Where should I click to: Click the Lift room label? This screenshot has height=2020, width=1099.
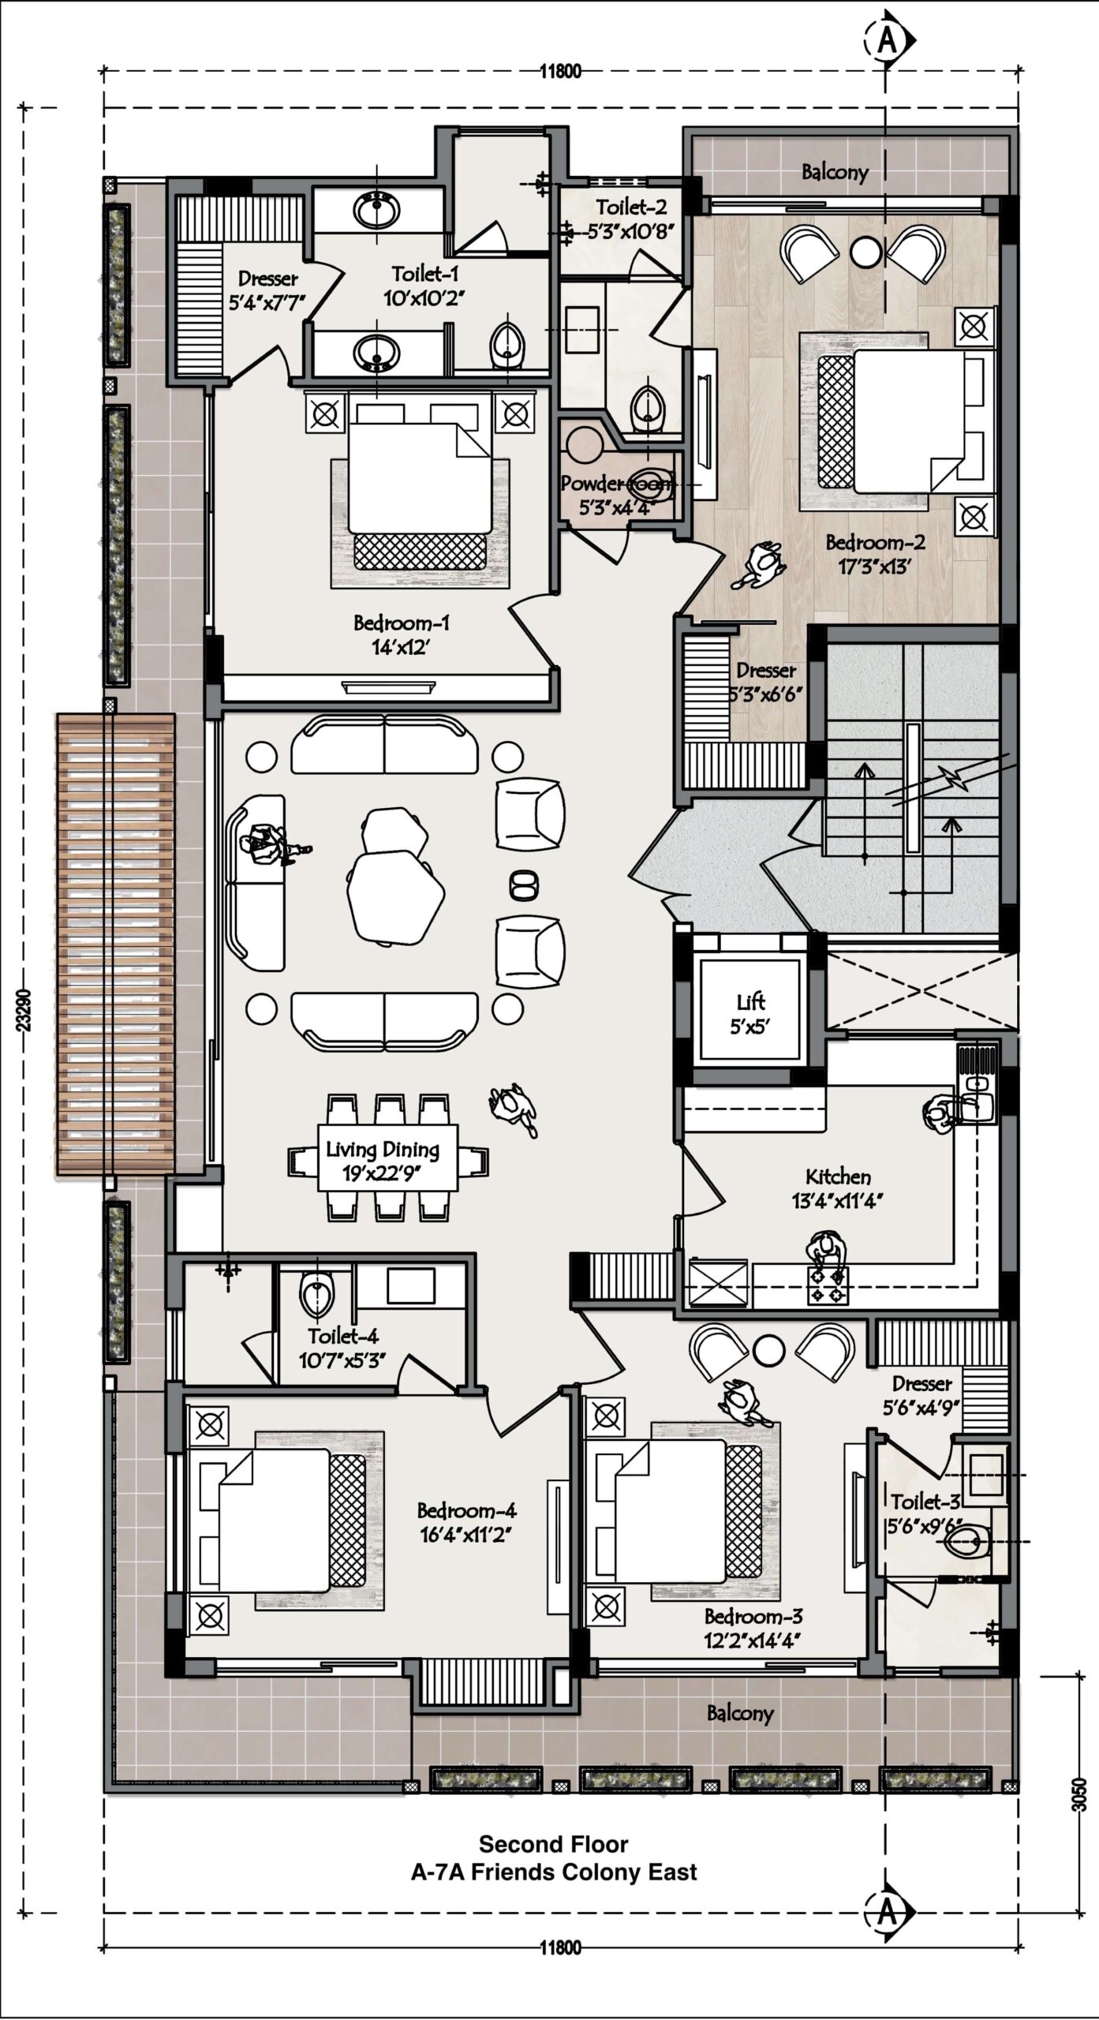750,1013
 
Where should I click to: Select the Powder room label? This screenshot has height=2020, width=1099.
618,494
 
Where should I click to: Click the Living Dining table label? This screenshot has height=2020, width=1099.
383,1160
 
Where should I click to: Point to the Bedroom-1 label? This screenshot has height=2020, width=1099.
402,634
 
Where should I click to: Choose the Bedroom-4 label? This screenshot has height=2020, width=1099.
467,1522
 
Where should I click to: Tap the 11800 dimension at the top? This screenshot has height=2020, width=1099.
560,72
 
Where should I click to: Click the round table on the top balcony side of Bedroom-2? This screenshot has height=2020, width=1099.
865,251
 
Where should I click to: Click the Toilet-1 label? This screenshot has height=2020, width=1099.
424,286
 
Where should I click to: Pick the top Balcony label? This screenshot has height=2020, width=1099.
835,172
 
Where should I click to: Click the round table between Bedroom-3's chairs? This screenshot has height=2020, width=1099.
770,1351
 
